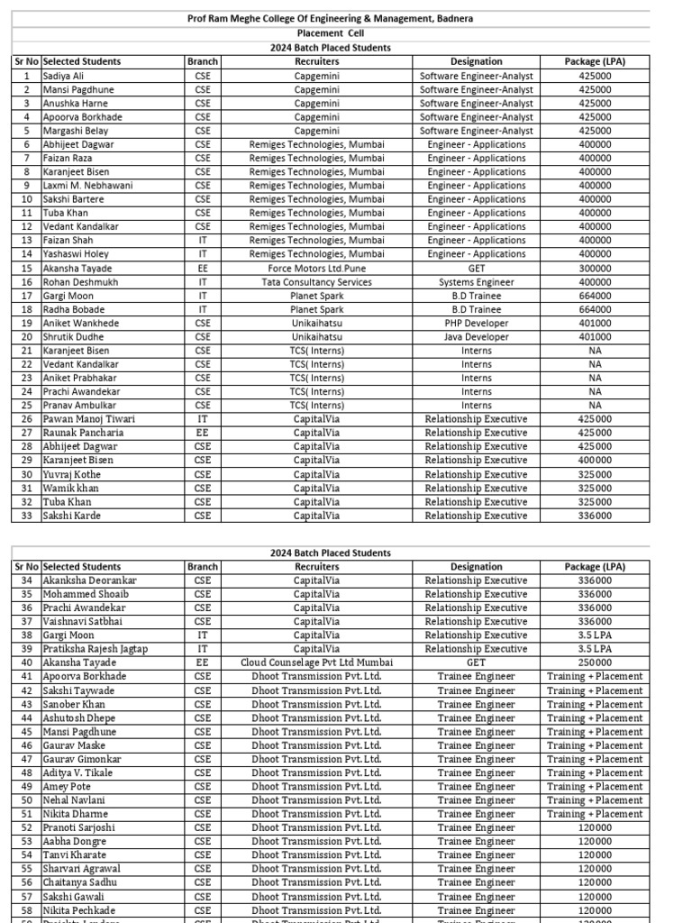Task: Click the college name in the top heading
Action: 330,18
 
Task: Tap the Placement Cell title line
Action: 330,33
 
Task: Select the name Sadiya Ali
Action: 63,76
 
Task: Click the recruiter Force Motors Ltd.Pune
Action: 316,269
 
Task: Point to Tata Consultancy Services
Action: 316,282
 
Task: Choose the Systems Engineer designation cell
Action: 476,282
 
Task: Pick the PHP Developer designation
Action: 476,324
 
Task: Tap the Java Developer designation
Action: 476,337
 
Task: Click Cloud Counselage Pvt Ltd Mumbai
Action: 316,663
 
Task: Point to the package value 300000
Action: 595,269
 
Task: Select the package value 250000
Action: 595,663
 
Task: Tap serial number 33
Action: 26,516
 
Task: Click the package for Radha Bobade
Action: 595,309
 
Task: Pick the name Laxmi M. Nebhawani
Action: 87,186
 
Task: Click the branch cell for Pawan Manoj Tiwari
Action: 203,419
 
